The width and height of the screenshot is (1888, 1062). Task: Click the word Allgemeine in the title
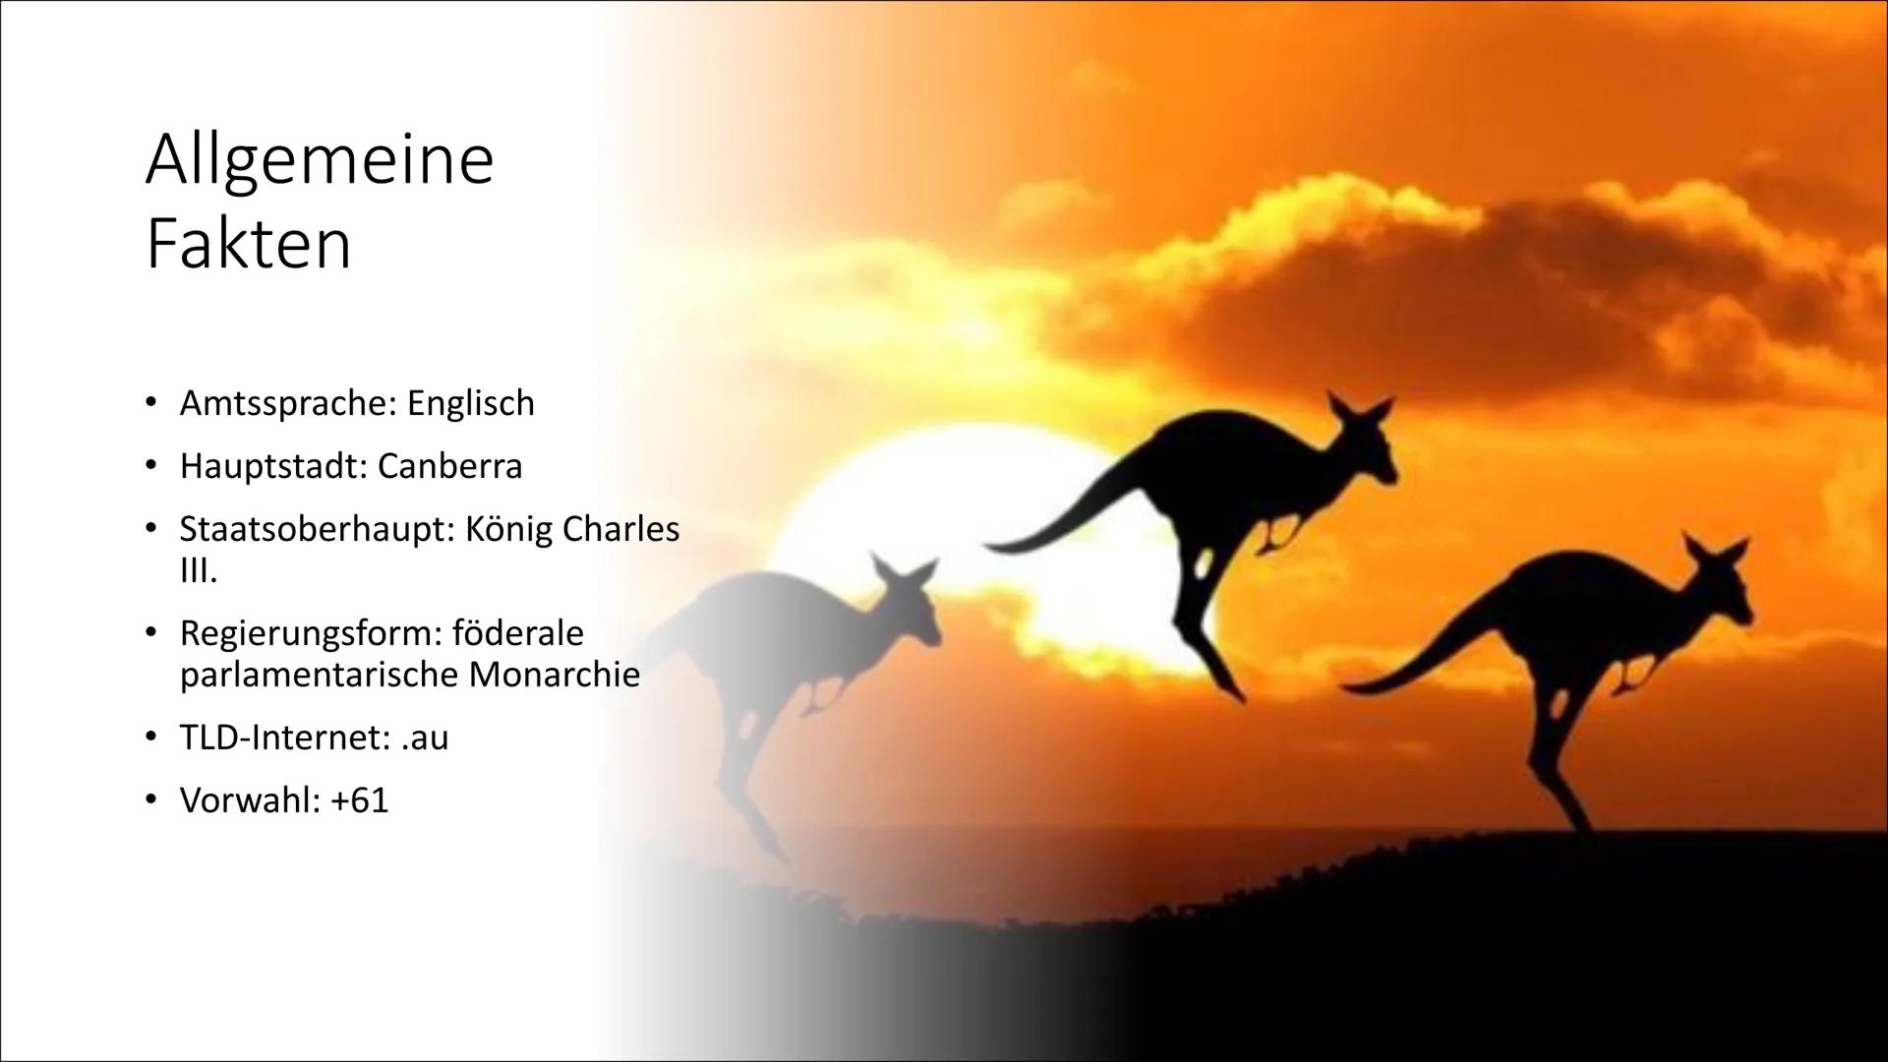tap(319, 162)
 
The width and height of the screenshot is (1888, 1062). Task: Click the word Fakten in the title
tap(248, 246)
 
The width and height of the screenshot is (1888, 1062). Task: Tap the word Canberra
tap(449, 466)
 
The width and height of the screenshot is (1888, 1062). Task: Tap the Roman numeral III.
tap(198, 571)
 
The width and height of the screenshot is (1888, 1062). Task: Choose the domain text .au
tap(425, 737)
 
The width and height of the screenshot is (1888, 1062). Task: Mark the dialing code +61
tap(360, 800)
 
